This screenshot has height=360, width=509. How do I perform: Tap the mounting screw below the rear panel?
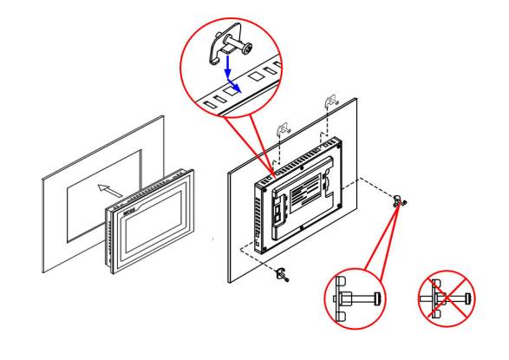[x=284, y=275]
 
